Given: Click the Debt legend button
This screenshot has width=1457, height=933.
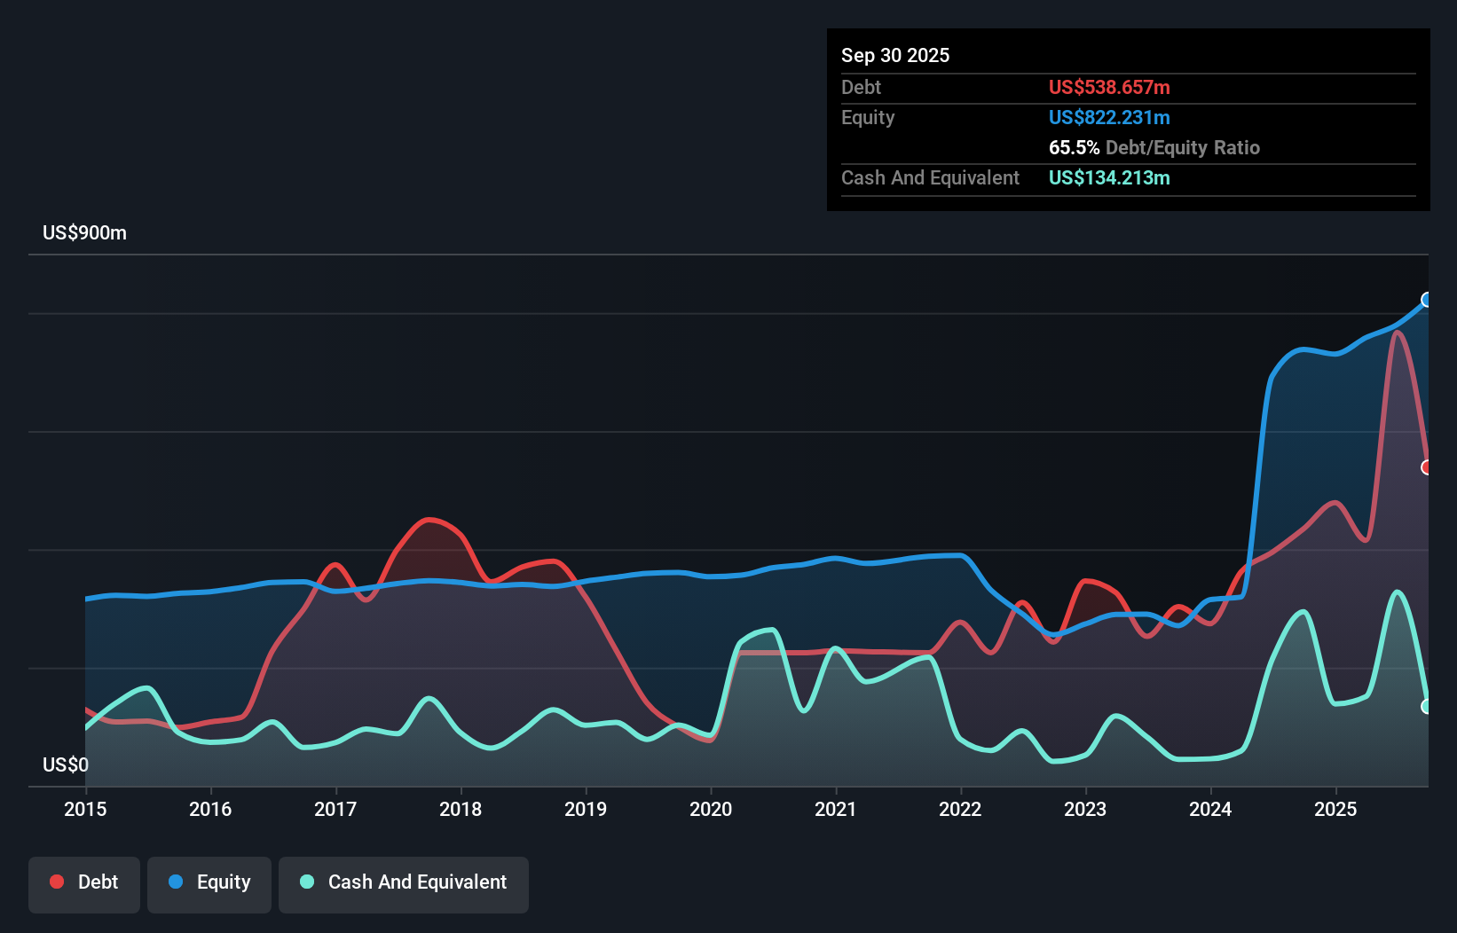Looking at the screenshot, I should (84, 883).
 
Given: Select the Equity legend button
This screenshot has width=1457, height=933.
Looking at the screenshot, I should (209, 883).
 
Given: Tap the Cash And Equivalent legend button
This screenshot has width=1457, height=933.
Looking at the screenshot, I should (404, 883).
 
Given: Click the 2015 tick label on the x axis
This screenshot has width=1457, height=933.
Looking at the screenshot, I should (85, 809).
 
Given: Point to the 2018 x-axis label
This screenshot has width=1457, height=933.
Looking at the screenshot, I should (461, 809).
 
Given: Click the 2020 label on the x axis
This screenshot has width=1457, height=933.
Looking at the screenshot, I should (711, 809).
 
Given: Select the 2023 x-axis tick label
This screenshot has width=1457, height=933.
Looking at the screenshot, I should (1085, 809).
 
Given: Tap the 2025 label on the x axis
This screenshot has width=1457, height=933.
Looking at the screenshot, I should (1335, 809).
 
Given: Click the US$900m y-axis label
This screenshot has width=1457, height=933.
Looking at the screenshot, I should (84, 233).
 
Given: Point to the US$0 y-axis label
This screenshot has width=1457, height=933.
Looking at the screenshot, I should (66, 764).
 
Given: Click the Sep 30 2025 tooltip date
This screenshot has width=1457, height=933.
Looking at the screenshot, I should (894, 56).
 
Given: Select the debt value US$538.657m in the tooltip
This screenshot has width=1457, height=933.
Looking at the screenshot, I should (1108, 88).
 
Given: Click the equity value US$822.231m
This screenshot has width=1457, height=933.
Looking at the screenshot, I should (1108, 118).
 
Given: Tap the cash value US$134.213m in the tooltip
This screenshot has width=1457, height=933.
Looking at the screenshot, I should (1108, 178).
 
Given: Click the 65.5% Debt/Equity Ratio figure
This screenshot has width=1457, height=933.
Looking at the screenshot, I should (1154, 148).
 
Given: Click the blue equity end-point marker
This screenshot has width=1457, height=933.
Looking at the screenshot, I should (1427, 300).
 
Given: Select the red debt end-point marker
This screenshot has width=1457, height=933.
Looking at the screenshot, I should (1427, 467).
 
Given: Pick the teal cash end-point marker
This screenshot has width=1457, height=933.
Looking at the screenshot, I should (1427, 707).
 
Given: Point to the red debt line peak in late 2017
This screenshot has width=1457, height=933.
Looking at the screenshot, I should (429, 520).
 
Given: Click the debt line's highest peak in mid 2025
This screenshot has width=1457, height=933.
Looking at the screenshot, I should (1398, 333).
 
